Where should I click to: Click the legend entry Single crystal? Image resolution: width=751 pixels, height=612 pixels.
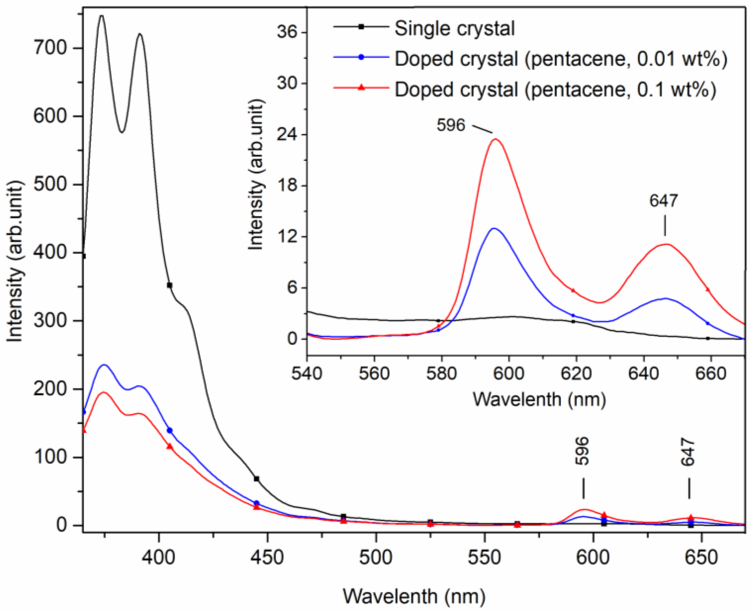tap(455, 28)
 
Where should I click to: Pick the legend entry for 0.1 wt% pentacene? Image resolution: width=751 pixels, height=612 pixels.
tap(555, 90)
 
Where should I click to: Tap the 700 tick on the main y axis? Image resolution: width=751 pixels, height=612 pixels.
tap(50, 48)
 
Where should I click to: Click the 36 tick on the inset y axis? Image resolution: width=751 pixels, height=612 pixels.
tap(287, 32)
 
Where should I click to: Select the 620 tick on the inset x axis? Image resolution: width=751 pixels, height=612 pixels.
tap(576, 374)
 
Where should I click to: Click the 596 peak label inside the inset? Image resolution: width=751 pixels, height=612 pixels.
tap(451, 125)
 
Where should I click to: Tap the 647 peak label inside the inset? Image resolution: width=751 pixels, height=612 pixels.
tap(664, 201)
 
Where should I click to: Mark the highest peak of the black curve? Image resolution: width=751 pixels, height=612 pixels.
tap(101, 16)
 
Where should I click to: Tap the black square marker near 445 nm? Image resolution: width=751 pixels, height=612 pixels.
tap(257, 479)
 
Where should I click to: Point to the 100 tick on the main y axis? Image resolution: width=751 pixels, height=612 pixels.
tap(50, 457)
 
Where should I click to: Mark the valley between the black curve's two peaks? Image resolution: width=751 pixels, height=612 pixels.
tap(122, 132)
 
